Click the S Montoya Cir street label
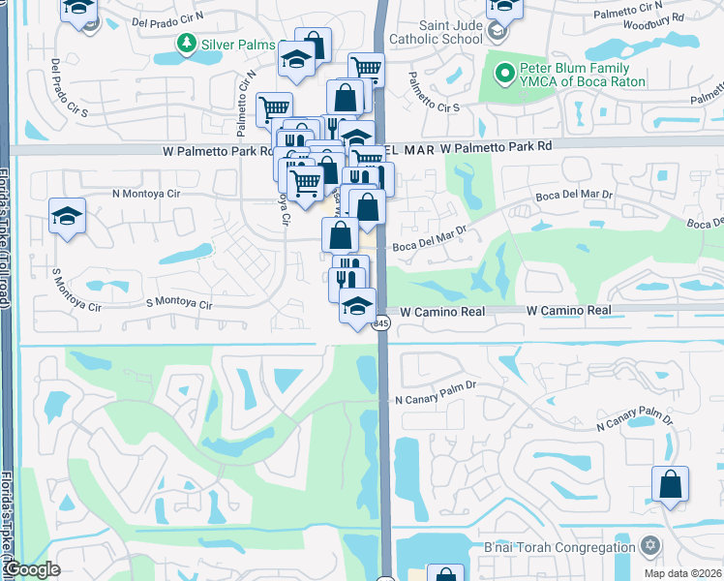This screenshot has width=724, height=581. click(178, 304)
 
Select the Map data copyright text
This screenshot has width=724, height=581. click(681, 573)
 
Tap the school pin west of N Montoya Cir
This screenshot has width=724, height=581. click(67, 216)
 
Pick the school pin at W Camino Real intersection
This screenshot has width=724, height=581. click(357, 306)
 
